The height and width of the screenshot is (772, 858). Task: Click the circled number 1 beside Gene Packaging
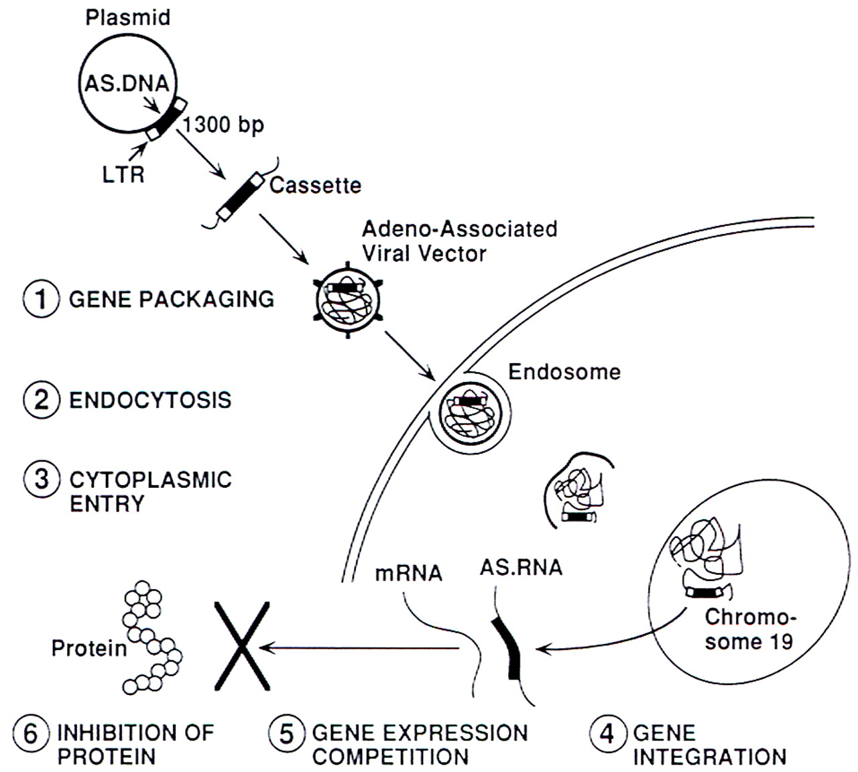(41, 299)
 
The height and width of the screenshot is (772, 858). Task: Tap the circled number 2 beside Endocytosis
(41, 400)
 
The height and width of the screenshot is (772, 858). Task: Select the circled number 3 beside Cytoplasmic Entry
(41, 480)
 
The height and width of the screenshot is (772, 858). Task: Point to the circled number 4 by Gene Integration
(607, 733)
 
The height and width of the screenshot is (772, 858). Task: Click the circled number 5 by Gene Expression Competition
(286, 733)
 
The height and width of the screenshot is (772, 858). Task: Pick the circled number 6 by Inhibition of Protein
(32, 733)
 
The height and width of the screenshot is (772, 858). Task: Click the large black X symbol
(241, 646)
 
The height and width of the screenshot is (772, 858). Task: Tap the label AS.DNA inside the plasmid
(126, 84)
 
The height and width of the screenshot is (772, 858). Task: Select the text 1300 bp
(223, 125)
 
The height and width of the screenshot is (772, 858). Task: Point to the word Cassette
(315, 185)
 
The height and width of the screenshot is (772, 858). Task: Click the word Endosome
(564, 372)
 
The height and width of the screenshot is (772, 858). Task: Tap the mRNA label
(409, 573)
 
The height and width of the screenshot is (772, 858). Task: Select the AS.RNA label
(521, 568)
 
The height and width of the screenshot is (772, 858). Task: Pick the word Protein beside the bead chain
(89, 648)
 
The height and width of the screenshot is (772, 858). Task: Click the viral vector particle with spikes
(347, 299)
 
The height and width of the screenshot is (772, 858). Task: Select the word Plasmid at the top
(127, 17)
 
